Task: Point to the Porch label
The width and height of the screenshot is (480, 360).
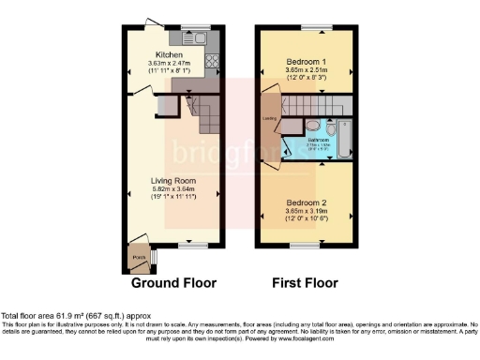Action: click(x=138, y=256)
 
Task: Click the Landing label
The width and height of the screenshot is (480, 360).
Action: click(x=269, y=118)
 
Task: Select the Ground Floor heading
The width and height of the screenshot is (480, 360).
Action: click(x=173, y=282)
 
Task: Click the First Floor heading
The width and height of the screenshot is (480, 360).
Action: click(x=305, y=282)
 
